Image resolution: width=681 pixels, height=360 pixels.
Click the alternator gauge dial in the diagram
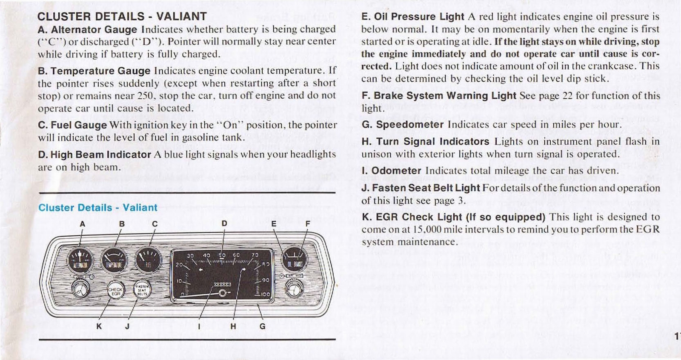pos(80,260)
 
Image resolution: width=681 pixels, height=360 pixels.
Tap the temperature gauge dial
pos(114,260)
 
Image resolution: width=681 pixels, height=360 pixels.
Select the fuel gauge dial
pos(148,260)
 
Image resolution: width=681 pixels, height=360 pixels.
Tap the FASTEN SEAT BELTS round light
pos(142,290)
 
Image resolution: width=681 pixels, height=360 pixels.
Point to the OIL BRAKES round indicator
pos(295,259)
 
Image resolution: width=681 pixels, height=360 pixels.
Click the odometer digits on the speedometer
pos(222,284)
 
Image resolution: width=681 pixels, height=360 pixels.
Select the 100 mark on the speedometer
pos(265,294)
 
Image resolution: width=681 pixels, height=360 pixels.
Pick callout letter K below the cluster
pos(99,326)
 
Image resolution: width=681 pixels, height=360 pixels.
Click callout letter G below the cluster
pos(262,326)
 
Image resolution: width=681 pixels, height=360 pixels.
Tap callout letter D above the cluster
pos(224,223)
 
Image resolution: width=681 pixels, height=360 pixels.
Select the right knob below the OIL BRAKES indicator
pos(294,291)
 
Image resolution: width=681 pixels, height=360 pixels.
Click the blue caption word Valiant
pos(140,208)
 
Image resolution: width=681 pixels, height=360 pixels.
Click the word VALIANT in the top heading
pos(181,17)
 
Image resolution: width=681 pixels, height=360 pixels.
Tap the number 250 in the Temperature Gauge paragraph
pos(146,96)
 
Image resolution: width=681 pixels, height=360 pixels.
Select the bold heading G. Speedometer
pos(402,125)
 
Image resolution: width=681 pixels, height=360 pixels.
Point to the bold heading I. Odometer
pos(391,171)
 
